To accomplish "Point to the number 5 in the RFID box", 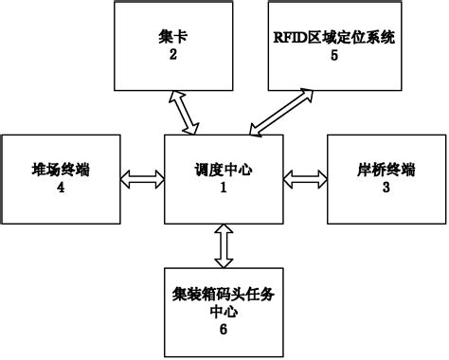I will click(x=333, y=55).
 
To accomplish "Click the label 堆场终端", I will click(x=61, y=171).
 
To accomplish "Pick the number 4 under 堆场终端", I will click(x=61, y=187).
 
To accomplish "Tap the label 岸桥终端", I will click(x=385, y=171).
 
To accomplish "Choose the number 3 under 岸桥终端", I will click(x=385, y=187).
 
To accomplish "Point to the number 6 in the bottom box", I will click(x=224, y=328).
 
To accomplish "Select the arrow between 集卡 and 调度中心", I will click(x=186, y=112).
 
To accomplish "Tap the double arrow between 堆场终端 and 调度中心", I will click(x=144, y=177).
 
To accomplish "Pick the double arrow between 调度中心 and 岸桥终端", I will click(x=303, y=177).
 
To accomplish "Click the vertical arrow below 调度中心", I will click(x=224, y=246).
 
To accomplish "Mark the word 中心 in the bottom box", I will click(x=224, y=311).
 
